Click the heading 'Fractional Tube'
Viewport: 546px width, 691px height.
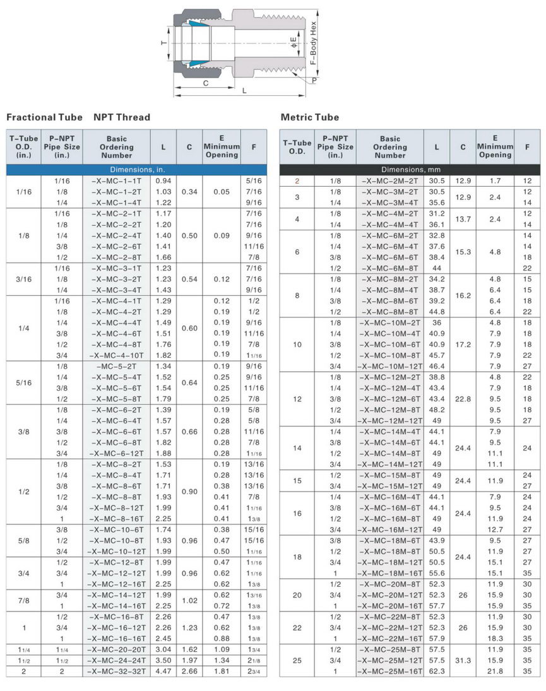(44, 117)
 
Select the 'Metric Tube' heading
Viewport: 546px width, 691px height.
(310, 117)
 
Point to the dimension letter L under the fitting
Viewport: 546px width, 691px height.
(244, 90)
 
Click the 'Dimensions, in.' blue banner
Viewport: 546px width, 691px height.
(134, 170)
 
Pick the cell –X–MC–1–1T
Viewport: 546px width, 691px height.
(116, 181)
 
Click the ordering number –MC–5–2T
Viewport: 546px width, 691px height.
(116, 366)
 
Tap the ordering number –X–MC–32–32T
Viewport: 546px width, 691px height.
(116, 671)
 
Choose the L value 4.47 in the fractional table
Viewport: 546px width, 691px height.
(163, 671)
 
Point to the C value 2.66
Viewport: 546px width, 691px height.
(189, 671)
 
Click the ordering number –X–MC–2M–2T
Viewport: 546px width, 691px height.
(390, 181)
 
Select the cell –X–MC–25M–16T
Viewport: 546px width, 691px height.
(390, 671)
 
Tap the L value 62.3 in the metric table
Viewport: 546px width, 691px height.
(437, 671)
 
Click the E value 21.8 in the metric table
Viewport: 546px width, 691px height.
(495, 671)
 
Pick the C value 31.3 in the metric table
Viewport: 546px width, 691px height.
(463, 660)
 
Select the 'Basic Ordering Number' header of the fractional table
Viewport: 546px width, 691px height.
(116, 147)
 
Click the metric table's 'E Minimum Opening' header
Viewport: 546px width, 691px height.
(495, 147)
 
